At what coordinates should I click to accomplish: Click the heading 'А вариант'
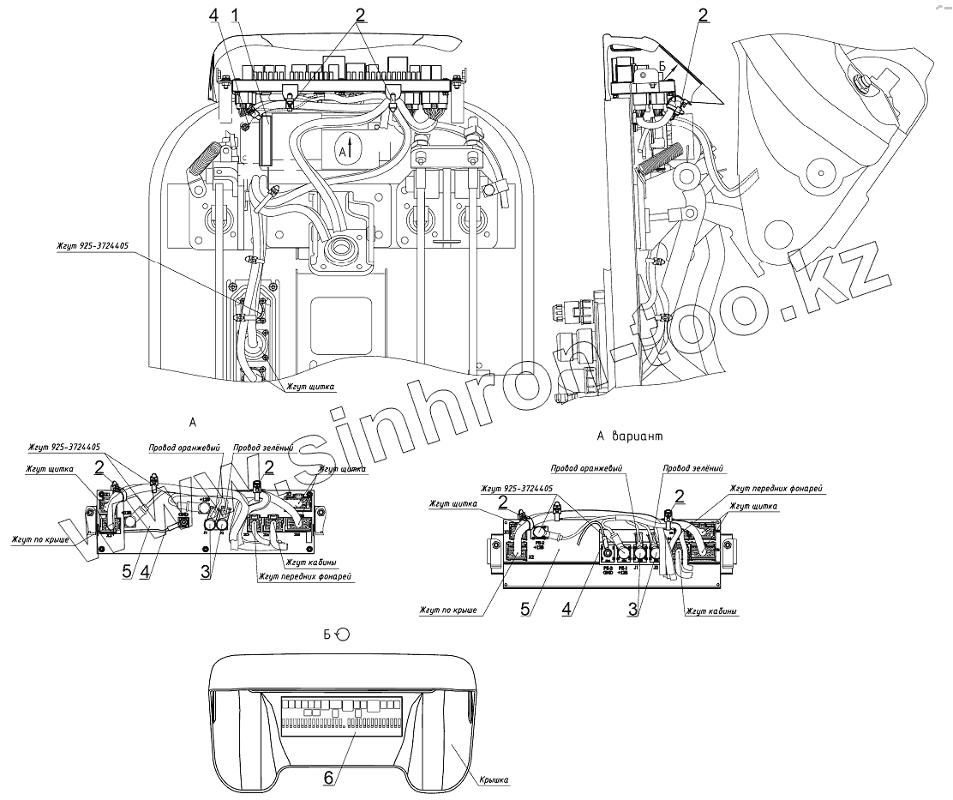(x=630, y=436)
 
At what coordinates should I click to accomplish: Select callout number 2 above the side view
(x=703, y=15)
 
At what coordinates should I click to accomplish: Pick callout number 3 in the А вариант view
(x=632, y=609)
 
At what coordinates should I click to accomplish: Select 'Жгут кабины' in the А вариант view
(x=712, y=611)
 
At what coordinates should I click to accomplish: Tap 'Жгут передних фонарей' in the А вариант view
(x=776, y=488)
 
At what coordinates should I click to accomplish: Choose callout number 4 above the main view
(x=213, y=15)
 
